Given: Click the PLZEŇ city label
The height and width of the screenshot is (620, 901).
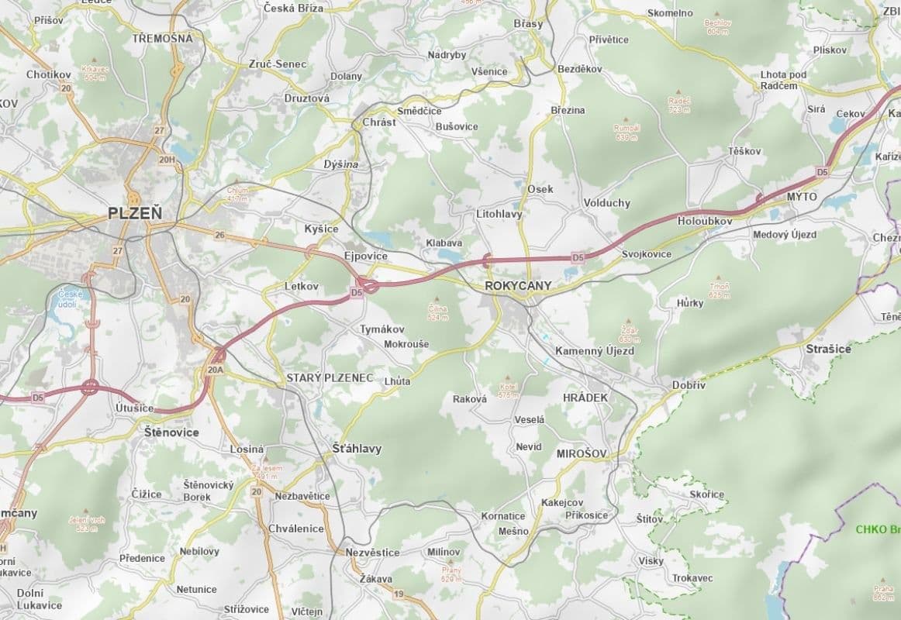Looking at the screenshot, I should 136,212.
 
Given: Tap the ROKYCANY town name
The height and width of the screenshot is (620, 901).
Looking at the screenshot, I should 518,285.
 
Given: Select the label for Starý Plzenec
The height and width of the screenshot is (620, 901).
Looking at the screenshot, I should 330,377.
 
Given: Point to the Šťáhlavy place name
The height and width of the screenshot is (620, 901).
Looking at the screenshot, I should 357,448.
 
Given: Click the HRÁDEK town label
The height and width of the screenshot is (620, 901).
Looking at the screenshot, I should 585,397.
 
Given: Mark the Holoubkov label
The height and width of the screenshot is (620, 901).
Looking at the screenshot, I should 704,220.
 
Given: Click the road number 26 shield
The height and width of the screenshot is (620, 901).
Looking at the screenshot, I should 219,235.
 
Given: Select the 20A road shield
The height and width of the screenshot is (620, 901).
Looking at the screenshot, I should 216,370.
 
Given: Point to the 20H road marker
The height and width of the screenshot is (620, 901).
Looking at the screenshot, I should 166,160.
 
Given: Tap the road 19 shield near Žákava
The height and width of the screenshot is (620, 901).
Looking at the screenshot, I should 399,594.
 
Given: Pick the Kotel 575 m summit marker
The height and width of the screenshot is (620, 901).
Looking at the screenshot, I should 508,390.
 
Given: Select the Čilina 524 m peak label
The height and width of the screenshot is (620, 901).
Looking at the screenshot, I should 438,312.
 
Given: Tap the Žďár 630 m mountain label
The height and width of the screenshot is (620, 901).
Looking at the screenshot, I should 629,334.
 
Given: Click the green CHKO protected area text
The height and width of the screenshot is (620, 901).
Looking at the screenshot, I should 877,530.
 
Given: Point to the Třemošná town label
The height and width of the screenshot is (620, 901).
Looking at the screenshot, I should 162,37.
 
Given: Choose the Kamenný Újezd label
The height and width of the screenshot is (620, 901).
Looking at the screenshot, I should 594,351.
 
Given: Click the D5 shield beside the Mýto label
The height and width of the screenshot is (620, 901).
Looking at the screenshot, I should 822,171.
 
